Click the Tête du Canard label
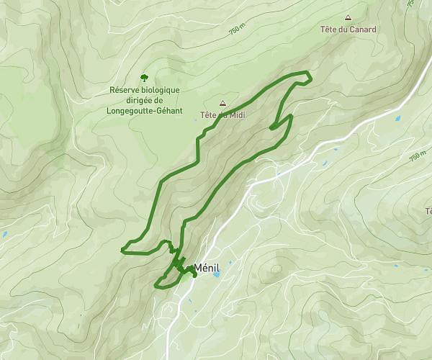click(348, 30)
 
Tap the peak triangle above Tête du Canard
click(348, 18)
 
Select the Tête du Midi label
click(223, 114)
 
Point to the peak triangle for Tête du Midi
click(222, 103)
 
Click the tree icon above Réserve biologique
click(144, 76)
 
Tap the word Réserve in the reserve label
click(125, 90)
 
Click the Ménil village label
click(206, 266)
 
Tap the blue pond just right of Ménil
click(216, 274)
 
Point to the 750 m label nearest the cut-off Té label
click(417, 154)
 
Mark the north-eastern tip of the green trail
click(310, 74)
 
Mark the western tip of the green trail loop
click(122, 249)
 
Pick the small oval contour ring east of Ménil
click(275, 269)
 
